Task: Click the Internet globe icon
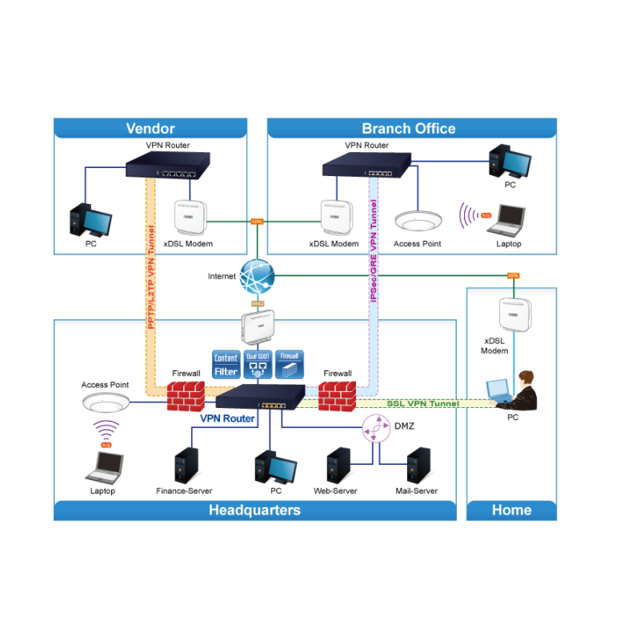pyautogui.click(x=257, y=277)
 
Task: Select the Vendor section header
pyautogui.click(x=150, y=128)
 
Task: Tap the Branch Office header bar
pyautogui.click(x=409, y=128)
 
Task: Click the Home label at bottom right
pyautogui.click(x=511, y=510)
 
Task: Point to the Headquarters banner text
pyautogui.click(x=254, y=510)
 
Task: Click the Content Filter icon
pyautogui.click(x=226, y=364)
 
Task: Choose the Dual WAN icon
pyautogui.click(x=258, y=364)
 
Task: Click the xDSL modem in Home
pyautogui.click(x=514, y=315)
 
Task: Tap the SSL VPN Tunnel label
pyautogui.click(x=422, y=403)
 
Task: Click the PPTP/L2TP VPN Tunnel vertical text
pyautogui.click(x=150, y=276)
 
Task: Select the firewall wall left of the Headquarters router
pyautogui.click(x=186, y=395)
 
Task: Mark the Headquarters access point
pyautogui.click(x=105, y=402)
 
